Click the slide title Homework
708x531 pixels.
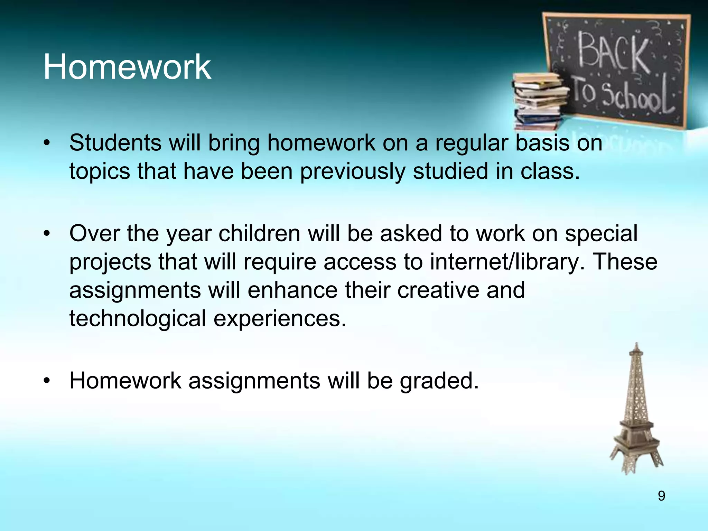(x=127, y=67)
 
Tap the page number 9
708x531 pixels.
(x=661, y=496)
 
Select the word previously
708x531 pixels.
(x=352, y=171)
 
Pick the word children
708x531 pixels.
(x=259, y=233)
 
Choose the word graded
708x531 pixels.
(x=439, y=381)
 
